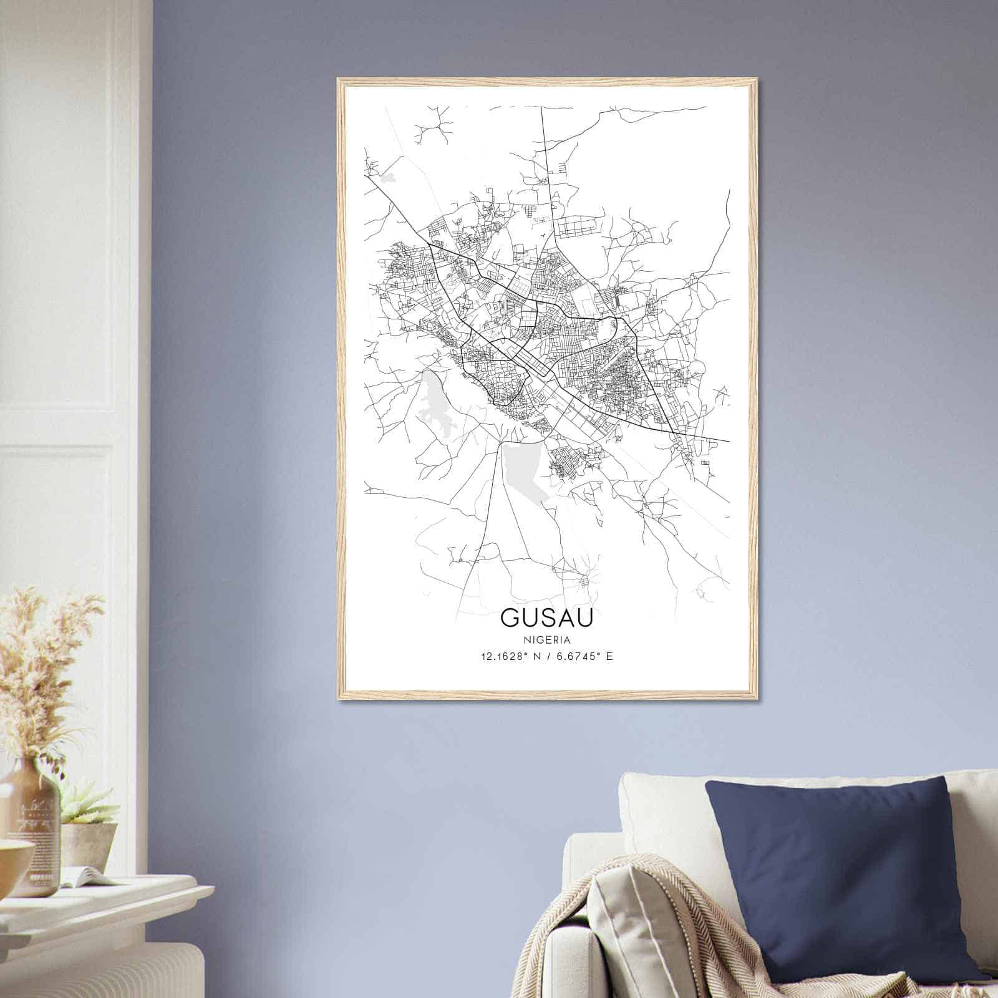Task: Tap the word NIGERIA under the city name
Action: [x=546, y=640]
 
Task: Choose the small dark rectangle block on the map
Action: [x=618, y=301]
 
